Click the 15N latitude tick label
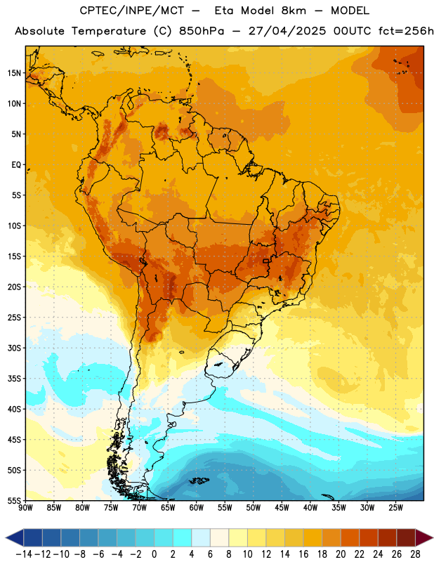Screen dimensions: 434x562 [x=14, y=73]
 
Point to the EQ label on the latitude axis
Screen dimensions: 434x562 [x=16, y=165]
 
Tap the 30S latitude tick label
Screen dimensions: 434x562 [x=14, y=348]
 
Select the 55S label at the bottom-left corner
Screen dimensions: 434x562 [x=14, y=501]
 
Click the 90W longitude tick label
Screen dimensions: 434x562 [x=25, y=508]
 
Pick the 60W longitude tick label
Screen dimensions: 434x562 [x=197, y=508]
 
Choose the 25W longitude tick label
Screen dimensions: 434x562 [x=395, y=508]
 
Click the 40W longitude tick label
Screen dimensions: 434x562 [x=310, y=508]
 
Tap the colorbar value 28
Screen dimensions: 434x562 [x=415, y=554]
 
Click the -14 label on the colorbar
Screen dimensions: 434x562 [x=24, y=554]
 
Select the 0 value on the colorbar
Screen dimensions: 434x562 [x=154, y=554]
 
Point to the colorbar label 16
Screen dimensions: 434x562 [x=303, y=554]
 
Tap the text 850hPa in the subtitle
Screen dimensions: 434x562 [x=202, y=31]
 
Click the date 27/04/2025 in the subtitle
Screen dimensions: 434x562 [x=287, y=31]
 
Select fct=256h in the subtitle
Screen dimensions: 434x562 [x=406, y=31]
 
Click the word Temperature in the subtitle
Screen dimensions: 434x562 [x=109, y=31]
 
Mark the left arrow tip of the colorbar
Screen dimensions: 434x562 [x=6, y=538]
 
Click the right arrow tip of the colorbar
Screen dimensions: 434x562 [x=433, y=538]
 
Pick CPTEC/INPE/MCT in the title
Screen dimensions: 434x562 [x=132, y=11]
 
